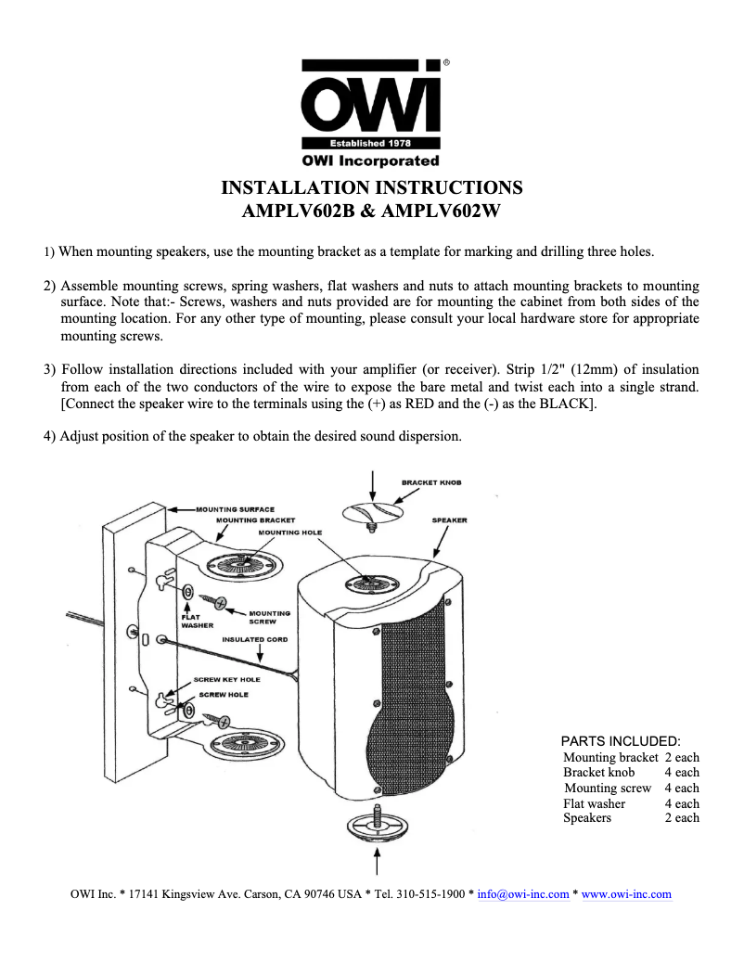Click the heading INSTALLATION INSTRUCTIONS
point(371,187)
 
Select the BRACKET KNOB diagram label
point(431,482)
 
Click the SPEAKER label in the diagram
point(449,520)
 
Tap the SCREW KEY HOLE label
point(226,679)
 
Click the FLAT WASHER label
point(197,621)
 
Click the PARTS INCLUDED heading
point(622,741)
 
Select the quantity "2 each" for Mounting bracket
point(682,758)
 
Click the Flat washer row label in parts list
point(595,803)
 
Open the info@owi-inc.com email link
point(522,894)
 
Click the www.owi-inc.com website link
point(626,894)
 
